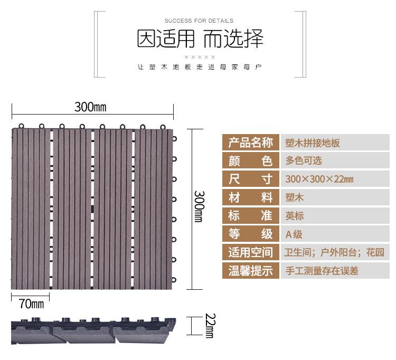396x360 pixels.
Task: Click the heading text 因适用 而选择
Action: [x=199, y=39]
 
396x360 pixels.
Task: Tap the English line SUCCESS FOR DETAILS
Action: [x=199, y=21]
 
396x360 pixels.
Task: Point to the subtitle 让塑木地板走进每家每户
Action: [x=199, y=68]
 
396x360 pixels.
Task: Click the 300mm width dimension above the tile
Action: [x=90, y=107]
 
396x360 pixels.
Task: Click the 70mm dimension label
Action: [x=31, y=304]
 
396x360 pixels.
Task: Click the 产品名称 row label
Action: [x=251, y=143]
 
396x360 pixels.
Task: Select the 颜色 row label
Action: [x=251, y=160]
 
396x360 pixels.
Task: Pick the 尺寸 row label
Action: [x=251, y=178]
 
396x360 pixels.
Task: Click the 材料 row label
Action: [x=251, y=197]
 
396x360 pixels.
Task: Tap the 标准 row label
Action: [x=251, y=215]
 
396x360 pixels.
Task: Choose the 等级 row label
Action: [x=251, y=234]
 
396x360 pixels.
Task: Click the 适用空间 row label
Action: [x=251, y=252]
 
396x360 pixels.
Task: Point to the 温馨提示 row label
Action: [x=251, y=271]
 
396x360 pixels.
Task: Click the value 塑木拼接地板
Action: [x=313, y=143]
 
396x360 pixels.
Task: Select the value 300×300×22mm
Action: [x=319, y=179]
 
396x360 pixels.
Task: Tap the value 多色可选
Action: [x=304, y=160]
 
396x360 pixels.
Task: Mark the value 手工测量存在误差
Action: [x=322, y=271]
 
